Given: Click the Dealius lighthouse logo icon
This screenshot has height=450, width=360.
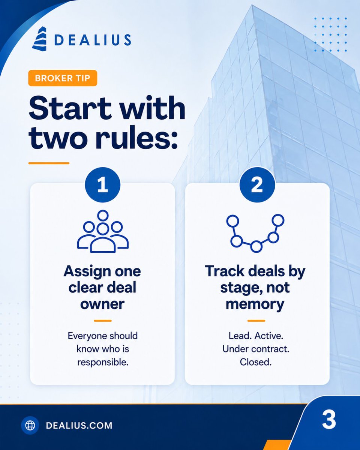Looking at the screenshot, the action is pos(39,39).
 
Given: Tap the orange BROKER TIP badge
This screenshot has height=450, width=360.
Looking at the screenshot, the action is pos(63,78).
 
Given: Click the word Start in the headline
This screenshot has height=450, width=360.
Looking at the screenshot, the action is pos(70,108).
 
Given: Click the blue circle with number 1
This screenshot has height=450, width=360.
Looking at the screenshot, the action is pos(102,184).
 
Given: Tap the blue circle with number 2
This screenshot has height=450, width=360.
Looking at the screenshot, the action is pos(257,184).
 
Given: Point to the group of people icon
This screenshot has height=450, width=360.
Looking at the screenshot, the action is pos(103,231).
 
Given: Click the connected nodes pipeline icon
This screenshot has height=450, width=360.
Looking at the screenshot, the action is pos(255,233).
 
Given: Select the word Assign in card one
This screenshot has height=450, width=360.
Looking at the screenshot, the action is pos(87,272).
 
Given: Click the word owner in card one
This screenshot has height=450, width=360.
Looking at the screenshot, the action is pos(102,304).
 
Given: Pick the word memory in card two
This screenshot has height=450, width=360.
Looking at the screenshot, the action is pos(255,305).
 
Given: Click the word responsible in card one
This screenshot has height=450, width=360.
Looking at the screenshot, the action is pos(102,362).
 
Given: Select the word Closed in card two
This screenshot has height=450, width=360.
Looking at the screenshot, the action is pos(256,362).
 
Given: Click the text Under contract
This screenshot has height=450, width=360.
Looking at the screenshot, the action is pos(256,349).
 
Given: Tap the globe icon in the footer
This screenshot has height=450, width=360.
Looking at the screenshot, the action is pos(30,425).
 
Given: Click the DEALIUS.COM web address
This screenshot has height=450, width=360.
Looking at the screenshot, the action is pos(79,426).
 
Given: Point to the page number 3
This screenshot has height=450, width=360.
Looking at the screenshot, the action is pos(329,420).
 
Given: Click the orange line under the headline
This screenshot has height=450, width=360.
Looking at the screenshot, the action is pos(49,163).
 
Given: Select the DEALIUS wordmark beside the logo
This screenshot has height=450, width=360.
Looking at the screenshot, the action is pos(93,40).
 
